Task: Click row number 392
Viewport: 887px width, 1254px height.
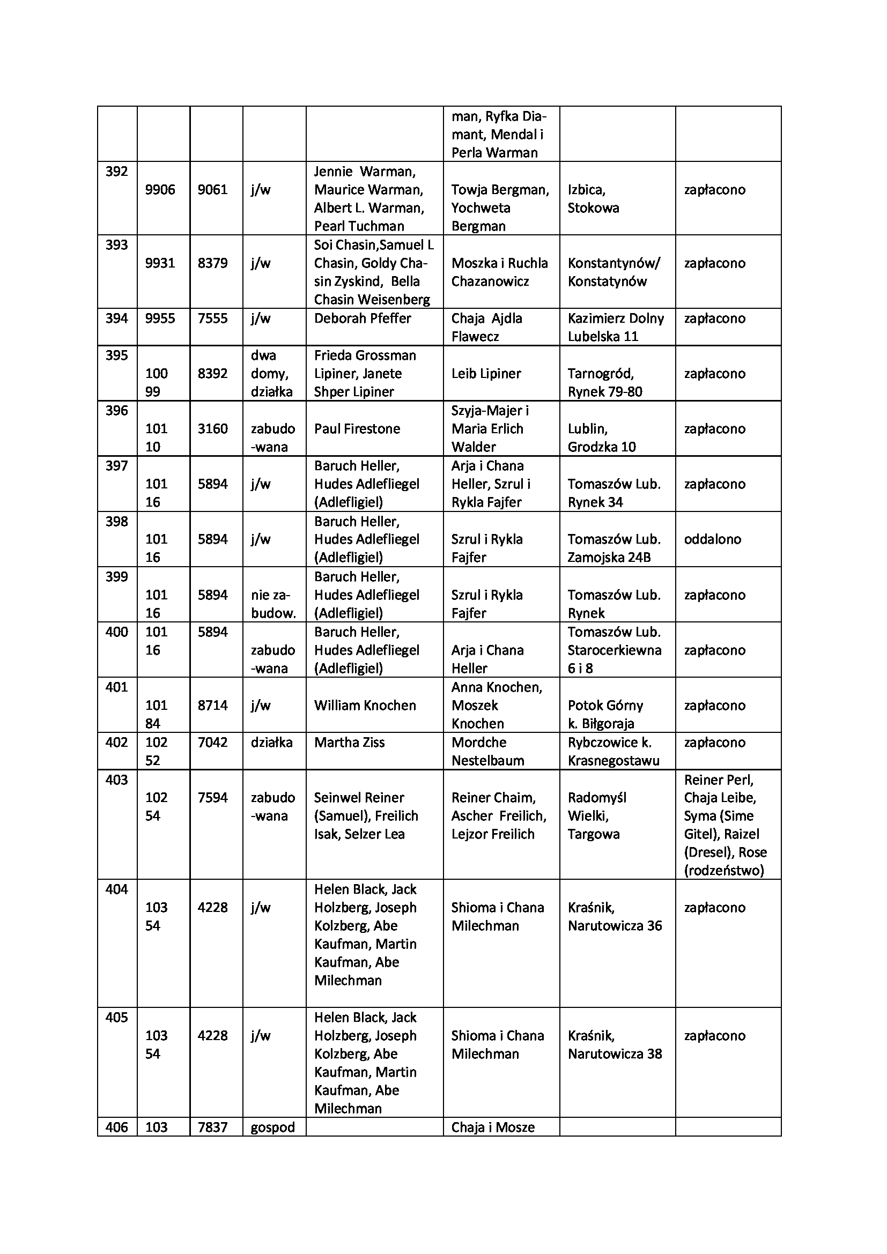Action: coord(116,172)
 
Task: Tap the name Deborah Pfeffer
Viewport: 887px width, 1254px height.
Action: coord(362,318)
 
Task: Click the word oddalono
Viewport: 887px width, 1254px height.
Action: coord(712,539)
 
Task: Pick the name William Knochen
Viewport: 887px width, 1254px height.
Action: coord(365,706)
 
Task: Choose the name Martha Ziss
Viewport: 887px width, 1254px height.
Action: coord(349,742)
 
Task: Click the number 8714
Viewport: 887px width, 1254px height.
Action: coord(212,706)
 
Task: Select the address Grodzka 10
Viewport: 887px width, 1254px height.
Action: coord(601,447)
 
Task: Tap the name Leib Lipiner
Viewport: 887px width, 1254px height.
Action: coord(486,374)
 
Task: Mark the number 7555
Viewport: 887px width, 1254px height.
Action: coord(212,318)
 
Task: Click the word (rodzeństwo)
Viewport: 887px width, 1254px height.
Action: coord(723,871)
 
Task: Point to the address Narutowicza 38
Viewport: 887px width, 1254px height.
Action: coord(615,1054)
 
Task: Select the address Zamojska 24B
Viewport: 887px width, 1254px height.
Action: coord(609,558)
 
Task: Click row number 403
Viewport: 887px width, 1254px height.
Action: coord(116,780)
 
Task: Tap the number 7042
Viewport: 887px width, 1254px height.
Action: coord(212,742)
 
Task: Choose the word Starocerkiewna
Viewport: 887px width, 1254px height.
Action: coord(614,650)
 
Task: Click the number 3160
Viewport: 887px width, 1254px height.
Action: coord(212,429)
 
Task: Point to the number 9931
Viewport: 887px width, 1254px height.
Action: coord(160,263)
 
